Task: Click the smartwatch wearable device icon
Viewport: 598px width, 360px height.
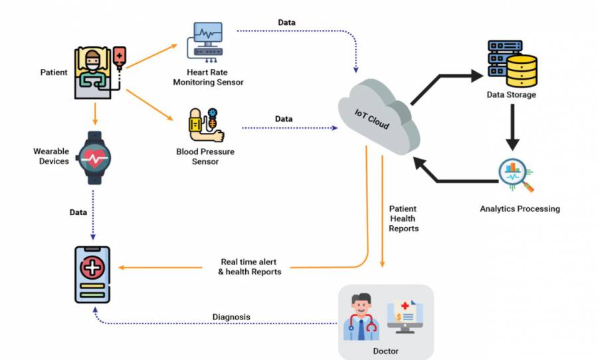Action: tap(93, 157)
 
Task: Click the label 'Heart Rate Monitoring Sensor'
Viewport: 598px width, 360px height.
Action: tap(208, 77)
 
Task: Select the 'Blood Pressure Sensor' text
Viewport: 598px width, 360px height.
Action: tap(205, 156)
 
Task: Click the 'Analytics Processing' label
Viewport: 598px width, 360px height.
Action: tap(520, 209)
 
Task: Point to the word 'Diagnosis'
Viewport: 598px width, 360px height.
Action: tap(231, 317)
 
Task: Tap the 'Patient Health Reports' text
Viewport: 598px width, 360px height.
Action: tap(403, 219)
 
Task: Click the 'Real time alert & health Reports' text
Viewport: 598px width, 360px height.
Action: tap(249, 266)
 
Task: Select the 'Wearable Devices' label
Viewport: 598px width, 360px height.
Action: tap(51, 156)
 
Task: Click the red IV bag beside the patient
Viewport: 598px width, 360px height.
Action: tap(120, 58)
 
